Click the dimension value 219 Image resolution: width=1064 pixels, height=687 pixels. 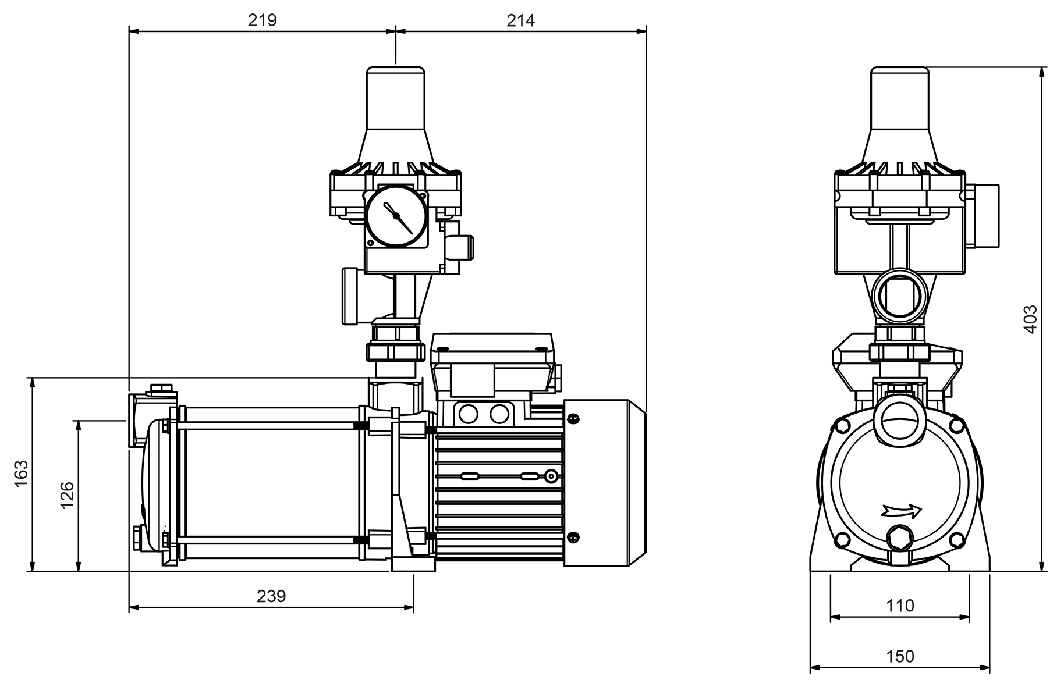[262, 20]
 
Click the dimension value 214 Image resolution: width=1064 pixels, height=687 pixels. [520, 20]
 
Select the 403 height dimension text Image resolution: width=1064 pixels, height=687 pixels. [1030, 319]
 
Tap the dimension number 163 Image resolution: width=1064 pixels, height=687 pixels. [21, 474]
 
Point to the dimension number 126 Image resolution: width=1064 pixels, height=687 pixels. [68, 494]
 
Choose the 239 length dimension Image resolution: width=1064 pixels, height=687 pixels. [271, 596]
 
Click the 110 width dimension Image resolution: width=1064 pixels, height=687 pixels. [900, 606]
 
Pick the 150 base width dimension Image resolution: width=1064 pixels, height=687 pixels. [900, 656]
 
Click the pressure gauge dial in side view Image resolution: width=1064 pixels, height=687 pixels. [396, 217]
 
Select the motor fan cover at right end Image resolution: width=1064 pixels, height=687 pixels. [604, 482]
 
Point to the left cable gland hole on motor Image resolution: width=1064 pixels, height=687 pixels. [468, 414]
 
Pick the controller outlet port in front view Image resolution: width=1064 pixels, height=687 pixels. [900, 296]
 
